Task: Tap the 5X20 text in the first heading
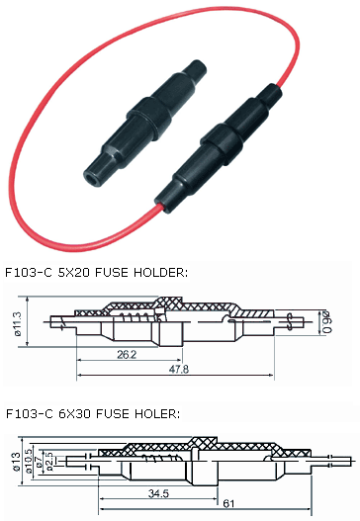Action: click(x=82, y=269)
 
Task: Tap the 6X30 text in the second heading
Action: click(x=82, y=412)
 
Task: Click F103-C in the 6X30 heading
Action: click(x=31, y=412)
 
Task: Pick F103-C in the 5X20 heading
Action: click(x=31, y=269)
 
